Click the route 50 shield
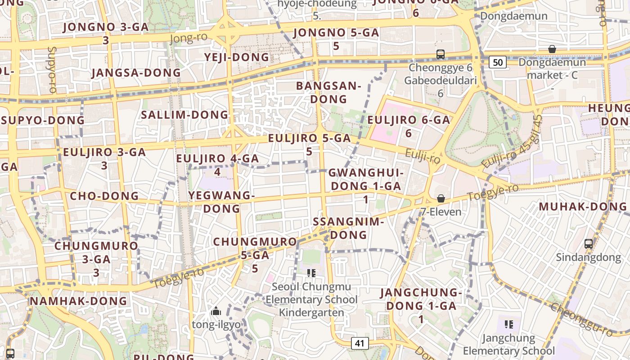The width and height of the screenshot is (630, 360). (498, 62)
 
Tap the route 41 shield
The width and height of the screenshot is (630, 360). (359, 343)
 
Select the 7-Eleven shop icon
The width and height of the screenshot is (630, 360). (441, 198)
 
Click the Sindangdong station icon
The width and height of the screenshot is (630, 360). (588, 244)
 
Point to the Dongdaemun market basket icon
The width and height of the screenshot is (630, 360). (552, 49)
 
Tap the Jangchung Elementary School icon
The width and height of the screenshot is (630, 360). (509, 324)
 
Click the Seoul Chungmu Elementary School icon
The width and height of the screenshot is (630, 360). (311, 273)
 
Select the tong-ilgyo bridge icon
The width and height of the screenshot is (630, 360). (216, 311)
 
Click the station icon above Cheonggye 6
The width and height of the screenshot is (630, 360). (441, 54)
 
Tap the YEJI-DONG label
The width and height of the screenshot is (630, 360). (237, 57)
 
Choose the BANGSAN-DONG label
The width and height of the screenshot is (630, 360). (329, 92)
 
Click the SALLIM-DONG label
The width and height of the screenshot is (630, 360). (185, 114)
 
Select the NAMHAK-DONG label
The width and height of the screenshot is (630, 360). (79, 301)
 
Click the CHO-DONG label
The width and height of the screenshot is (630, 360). (104, 196)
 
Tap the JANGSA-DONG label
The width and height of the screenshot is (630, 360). (136, 72)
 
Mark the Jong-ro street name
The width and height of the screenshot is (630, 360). (189, 38)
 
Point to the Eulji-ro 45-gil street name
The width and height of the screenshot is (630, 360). (512, 142)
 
